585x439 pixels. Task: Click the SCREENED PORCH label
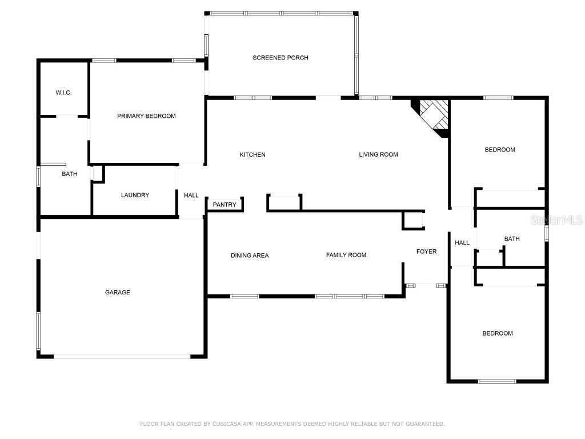coord(281,58)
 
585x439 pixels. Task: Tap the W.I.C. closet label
coord(64,93)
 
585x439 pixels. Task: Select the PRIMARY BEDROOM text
coord(146,116)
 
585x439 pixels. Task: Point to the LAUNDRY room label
coord(135,195)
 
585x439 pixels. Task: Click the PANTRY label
coord(225,205)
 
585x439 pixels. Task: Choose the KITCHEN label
coord(253,154)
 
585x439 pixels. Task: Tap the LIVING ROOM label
coord(378,154)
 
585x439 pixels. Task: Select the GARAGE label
coord(118,292)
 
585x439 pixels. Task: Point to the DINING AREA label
coord(250,256)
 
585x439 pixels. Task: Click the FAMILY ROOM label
coord(346,255)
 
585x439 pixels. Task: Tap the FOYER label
coord(426,252)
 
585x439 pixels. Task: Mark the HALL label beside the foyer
coord(462,242)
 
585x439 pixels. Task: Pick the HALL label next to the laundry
coord(191,195)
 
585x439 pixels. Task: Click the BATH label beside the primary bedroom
coord(70,174)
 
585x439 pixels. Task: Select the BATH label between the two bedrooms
coord(512,238)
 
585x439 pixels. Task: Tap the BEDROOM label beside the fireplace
coord(500,150)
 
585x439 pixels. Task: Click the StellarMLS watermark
coord(556,219)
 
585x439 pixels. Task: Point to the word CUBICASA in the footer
coord(228,424)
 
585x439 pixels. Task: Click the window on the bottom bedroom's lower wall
coord(497,381)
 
